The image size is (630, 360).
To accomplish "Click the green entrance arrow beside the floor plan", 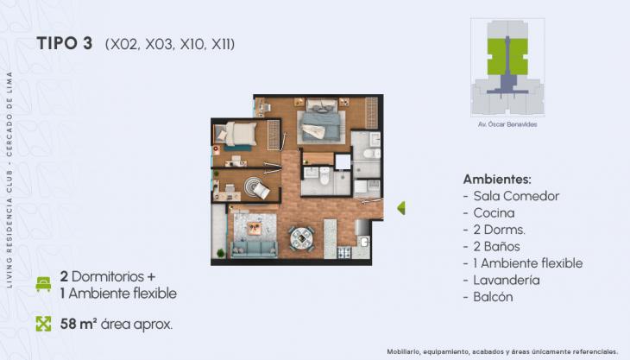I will click(400, 208).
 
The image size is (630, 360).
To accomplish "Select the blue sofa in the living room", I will click(254, 249).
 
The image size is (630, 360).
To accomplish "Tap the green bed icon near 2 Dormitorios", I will click(43, 284).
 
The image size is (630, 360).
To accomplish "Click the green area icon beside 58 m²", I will click(43, 324).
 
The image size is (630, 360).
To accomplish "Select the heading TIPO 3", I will click(65, 44).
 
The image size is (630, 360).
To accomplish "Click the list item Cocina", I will click(494, 212).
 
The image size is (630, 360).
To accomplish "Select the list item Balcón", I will click(493, 296).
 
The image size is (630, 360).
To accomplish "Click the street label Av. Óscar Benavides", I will click(507, 124).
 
